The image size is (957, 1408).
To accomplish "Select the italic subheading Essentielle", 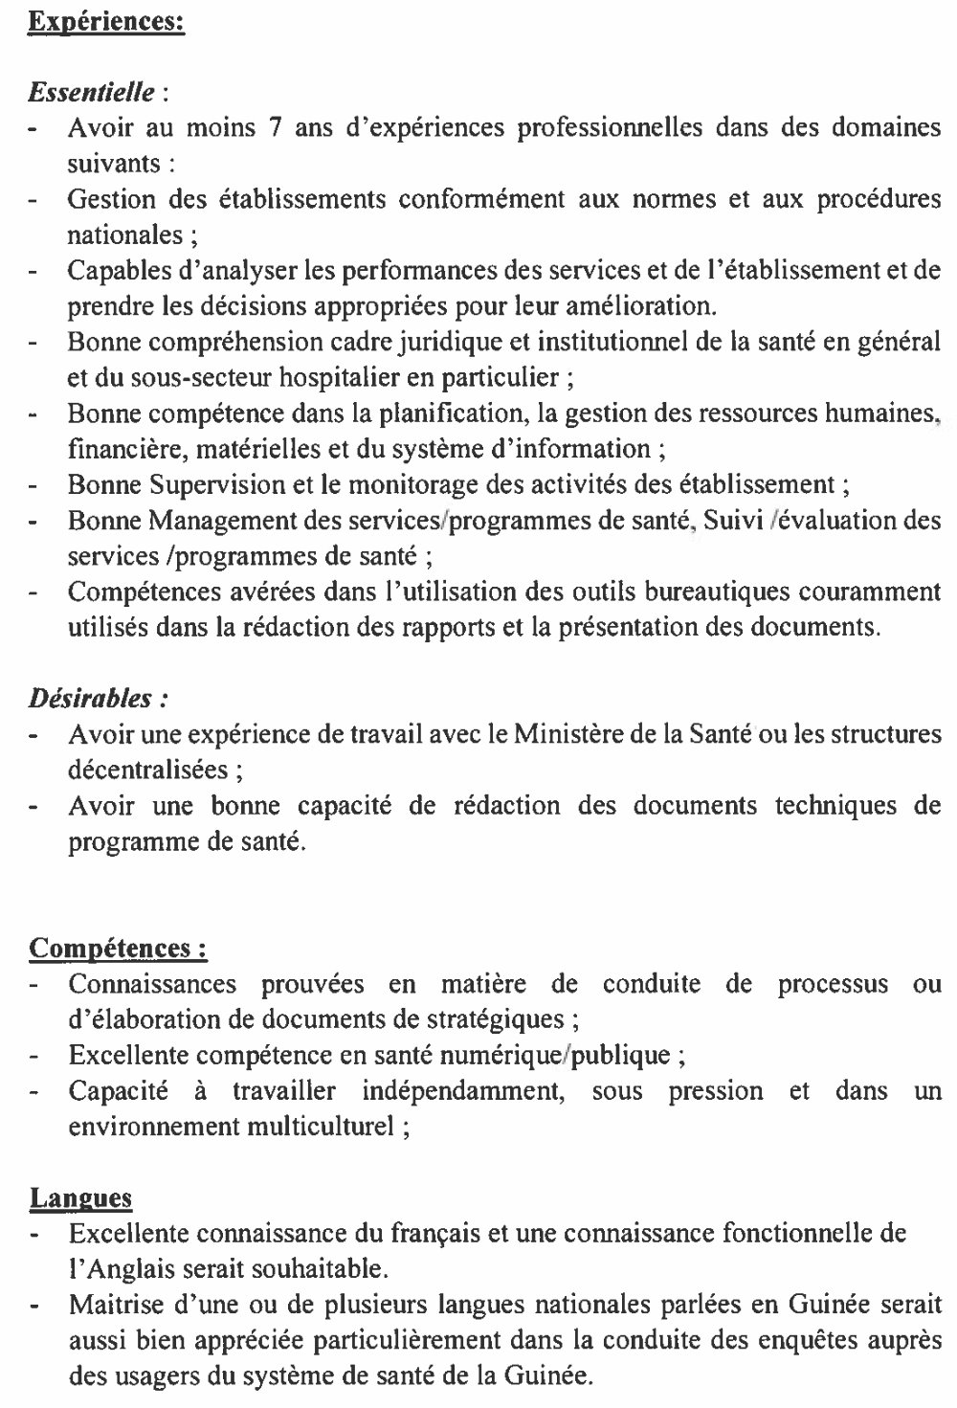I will tap(91, 93).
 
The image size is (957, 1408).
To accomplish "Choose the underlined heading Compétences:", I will tap(119, 949).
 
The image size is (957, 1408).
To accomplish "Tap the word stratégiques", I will tap(493, 1019).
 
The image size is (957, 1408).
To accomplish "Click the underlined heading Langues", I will tap(80, 1197).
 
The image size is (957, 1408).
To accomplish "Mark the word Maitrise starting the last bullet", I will tap(111, 1305).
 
